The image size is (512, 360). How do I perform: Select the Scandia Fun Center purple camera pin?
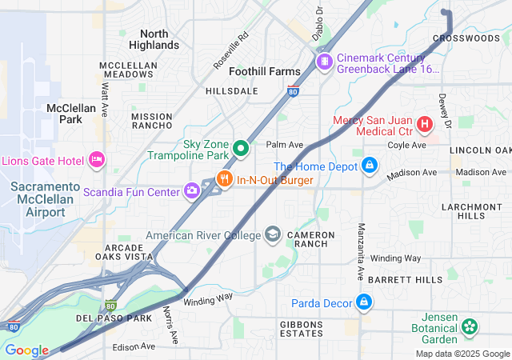pos(192,190)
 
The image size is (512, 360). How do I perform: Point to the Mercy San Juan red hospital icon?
pos(424,125)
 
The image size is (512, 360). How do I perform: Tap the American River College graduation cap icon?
pos(273,235)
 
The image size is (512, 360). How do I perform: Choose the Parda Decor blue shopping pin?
pos(364,302)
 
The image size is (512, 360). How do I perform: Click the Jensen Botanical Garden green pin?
pos(470,326)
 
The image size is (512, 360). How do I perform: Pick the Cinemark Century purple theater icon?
pos(324,62)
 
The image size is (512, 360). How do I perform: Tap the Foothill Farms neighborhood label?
pos(265,71)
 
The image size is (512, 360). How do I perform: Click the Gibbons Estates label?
pos(290,328)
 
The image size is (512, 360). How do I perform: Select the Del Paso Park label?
pos(114,318)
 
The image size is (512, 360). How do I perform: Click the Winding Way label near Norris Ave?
pos(207,297)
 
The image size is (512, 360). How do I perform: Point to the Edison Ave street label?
pos(134,346)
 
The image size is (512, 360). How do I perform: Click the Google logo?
pos(26,350)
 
